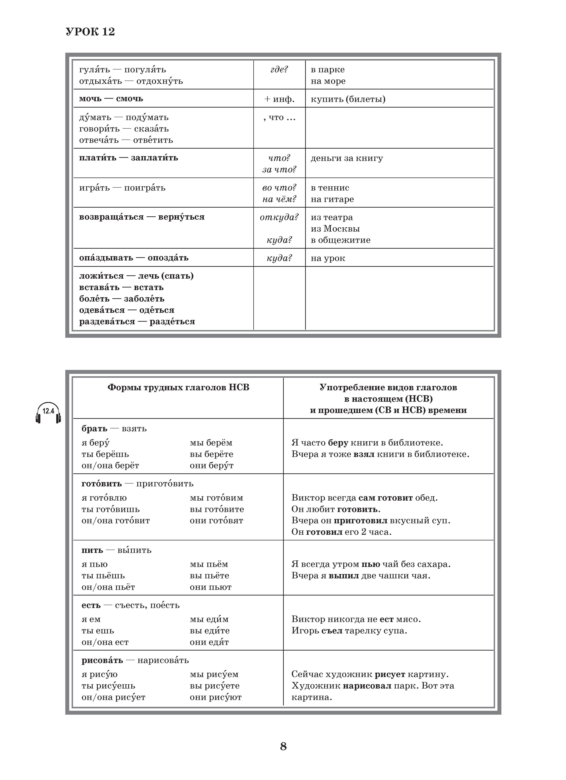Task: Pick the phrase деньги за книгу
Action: tap(347, 158)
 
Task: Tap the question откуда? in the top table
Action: tap(279, 217)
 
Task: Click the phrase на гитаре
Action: tap(332, 199)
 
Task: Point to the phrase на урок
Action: tap(328, 258)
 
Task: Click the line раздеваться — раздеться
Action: tap(137, 322)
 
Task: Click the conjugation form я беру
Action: tap(96, 443)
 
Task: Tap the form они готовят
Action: tap(216, 521)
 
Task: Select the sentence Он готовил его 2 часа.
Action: tap(341, 532)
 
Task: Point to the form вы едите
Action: tap(209, 631)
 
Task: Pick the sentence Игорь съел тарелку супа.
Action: tap(349, 631)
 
